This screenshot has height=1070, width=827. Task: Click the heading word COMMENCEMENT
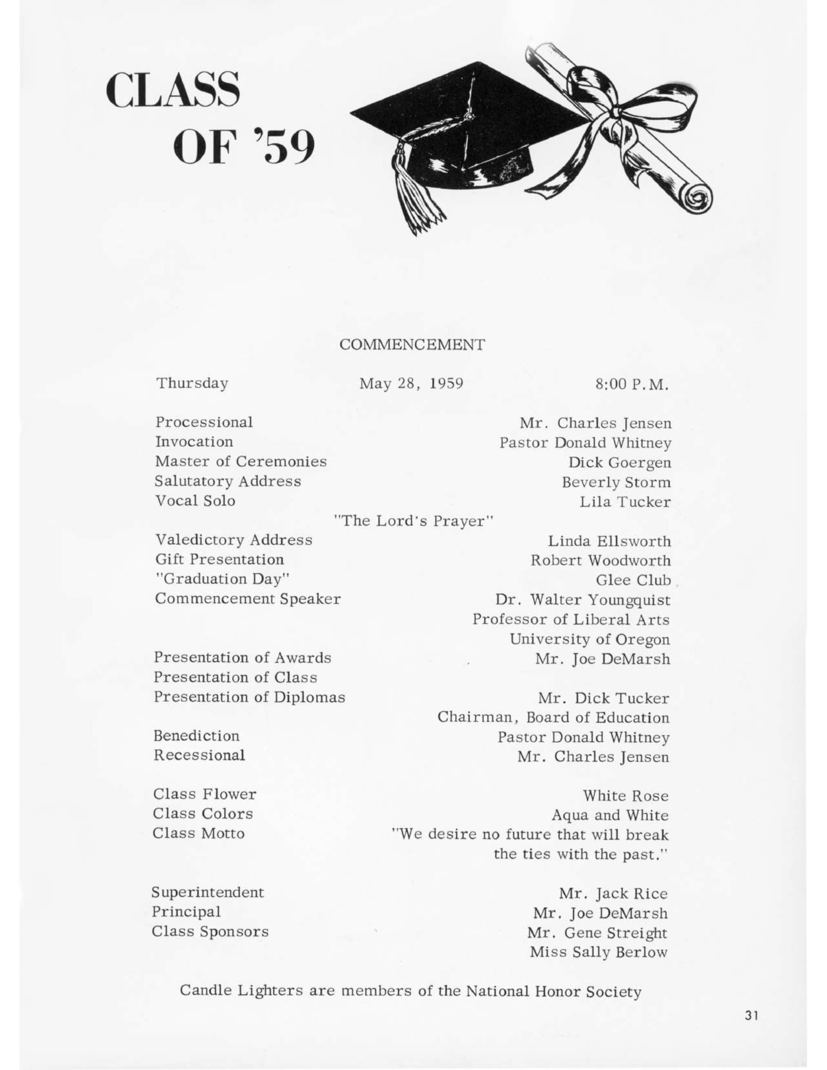tap(412, 345)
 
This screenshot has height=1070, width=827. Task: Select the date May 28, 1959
tap(411, 383)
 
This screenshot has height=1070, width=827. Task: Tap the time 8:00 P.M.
tap(631, 385)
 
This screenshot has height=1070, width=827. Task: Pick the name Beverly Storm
tap(616, 482)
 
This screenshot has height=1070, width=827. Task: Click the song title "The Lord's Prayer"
tap(413, 521)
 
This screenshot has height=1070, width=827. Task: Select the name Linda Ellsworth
tap(609, 541)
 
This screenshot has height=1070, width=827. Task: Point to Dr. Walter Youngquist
tap(582, 600)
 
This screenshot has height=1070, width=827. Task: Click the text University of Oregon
tap(590, 640)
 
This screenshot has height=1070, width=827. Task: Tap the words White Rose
tap(625, 796)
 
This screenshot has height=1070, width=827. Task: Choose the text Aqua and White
tap(610, 815)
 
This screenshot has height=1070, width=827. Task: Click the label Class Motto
tap(198, 833)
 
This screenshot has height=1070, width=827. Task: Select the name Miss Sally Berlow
tap(598, 952)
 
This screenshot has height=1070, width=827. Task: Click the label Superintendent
tap(208, 892)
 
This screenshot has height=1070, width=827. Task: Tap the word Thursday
tap(192, 383)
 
